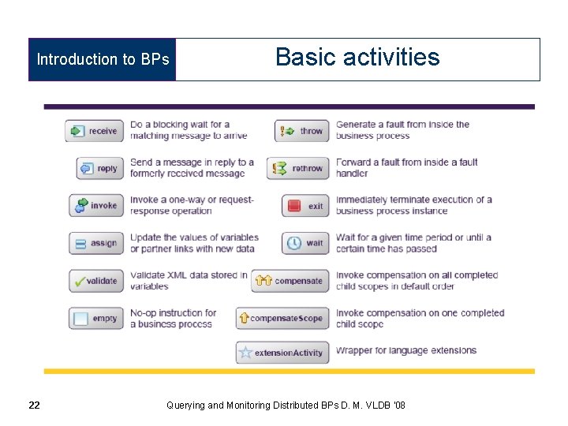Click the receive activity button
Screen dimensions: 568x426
(x=95, y=131)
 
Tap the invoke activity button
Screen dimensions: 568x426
(x=95, y=205)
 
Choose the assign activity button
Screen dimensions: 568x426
(x=95, y=243)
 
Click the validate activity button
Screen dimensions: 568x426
(x=95, y=281)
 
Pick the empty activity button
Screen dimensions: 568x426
(x=95, y=319)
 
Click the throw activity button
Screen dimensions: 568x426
(x=302, y=131)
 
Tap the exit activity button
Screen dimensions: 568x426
(x=305, y=206)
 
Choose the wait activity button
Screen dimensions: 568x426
(x=305, y=243)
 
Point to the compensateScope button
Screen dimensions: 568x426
(x=282, y=319)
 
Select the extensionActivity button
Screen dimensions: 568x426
(x=282, y=353)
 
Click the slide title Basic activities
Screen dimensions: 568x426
(x=357, y=58)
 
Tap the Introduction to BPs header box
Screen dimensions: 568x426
(x=103, y=59)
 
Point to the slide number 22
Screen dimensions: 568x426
(x=34, y=405)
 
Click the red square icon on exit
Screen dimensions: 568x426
(x=294, y=206)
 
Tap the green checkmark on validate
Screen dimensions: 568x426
(x=79, y=281)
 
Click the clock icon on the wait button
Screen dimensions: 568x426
(x=293, y=243)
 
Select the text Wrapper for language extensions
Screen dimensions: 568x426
(x=406, y=350)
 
